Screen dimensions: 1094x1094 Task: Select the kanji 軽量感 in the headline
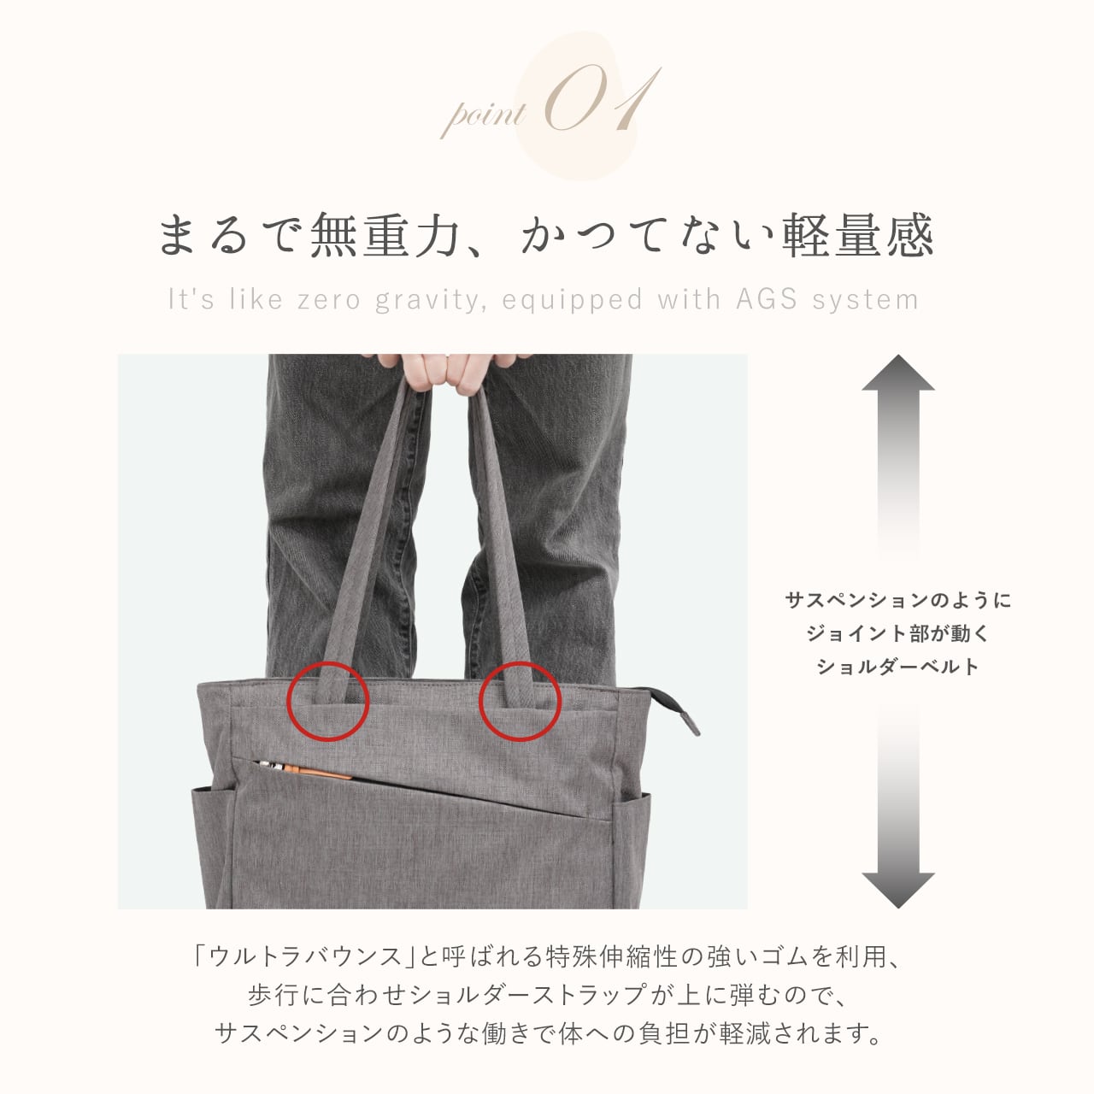(x=858, y=235)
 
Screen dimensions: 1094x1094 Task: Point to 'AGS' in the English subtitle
(x=767, y=299)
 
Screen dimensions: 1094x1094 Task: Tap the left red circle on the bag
(x=327, y=700)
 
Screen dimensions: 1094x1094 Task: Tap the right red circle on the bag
(x=520, y=700)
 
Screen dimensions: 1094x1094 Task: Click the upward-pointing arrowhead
(x=897, y=373)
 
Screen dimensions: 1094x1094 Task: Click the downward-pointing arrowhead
(x=897, y=889)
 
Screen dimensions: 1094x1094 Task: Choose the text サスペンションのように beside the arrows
(x=897, y=600)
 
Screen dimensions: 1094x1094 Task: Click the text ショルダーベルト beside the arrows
(x=897, y=667)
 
